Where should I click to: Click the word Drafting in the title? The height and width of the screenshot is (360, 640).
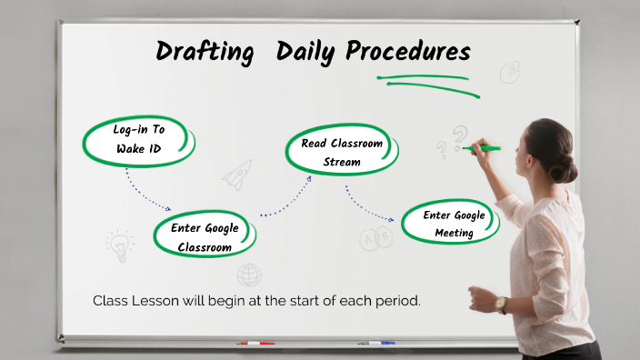pos(205,51)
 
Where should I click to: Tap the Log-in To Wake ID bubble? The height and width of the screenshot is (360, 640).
pos(138,139)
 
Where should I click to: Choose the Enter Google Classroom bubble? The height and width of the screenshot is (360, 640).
pos(205,236)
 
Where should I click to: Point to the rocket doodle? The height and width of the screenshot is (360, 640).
pos(237,174)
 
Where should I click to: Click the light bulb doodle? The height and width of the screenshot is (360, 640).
pos(119,244)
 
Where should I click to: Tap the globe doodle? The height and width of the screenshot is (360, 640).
pos(249,275)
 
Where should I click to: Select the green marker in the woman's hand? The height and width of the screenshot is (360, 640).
pos(483,147)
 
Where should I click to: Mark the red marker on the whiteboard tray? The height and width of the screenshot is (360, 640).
pos(255,344)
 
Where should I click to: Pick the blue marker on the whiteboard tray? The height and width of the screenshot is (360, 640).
pos(375,343)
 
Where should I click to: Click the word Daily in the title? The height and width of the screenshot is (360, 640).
pos(305,51)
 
